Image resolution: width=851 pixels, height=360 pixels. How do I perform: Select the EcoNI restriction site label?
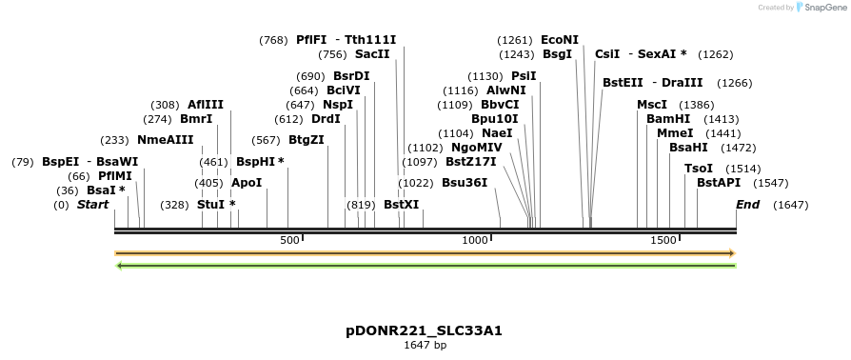coord(559,40)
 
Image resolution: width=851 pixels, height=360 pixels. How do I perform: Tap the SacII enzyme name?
coord(372,54)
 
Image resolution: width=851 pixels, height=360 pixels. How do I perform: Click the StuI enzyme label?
coord(211,205)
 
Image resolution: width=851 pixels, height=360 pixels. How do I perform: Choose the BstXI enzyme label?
coord(401,205)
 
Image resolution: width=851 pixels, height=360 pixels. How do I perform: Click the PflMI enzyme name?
coord(115,176)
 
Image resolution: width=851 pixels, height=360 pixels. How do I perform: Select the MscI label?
coord(652,105)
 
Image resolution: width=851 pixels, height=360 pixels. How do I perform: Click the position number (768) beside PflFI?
coord(273,40)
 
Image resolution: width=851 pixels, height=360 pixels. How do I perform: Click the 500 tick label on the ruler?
coord(290,241)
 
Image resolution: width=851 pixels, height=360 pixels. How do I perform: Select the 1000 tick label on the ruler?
coord(475,241)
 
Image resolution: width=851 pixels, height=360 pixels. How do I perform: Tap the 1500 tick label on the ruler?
coord(663,241)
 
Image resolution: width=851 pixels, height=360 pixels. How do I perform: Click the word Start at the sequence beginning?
coord(92,205)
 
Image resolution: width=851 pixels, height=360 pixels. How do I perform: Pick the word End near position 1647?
coord(748,205)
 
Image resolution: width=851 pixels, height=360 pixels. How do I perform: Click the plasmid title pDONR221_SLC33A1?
coord(424,330)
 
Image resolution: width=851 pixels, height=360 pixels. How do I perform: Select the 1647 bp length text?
coord(425,345)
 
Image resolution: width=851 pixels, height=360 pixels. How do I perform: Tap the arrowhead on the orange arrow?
coord(732,253)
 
